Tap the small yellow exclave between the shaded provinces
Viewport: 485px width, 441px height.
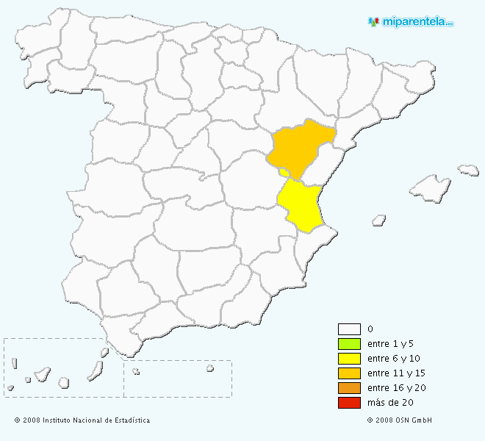coord(284,173)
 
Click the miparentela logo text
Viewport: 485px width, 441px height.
coord(416,21)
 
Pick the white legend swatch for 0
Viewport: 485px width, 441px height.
coord(349,329)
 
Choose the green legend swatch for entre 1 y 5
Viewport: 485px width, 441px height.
coord(349,344)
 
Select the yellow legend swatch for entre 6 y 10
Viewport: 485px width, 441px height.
coord(349,359)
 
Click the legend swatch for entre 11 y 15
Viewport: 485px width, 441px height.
coord(349,373)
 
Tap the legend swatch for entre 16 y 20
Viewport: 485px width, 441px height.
coord(349,388)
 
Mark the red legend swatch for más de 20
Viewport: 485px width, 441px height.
coord(349,403)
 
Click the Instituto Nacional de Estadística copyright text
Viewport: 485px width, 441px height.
coord(82,420)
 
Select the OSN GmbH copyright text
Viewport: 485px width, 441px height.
coord(399,420)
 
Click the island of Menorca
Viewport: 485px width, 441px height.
coord(468,170)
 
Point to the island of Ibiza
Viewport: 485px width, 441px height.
coord(379,219)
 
